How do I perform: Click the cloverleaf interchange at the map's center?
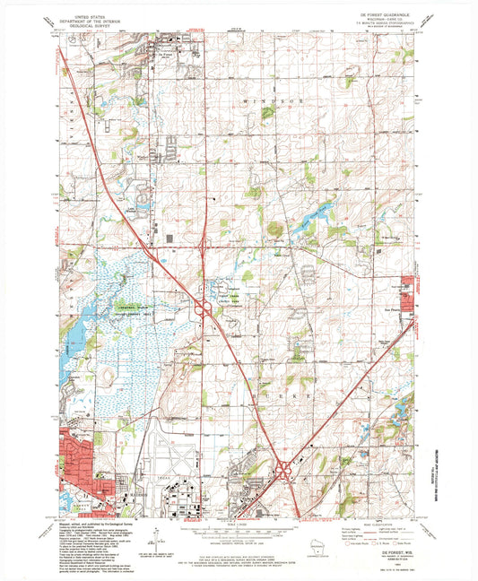(205, 308)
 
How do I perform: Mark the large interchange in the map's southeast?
(286, 470)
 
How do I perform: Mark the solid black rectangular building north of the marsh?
(169, 238)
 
